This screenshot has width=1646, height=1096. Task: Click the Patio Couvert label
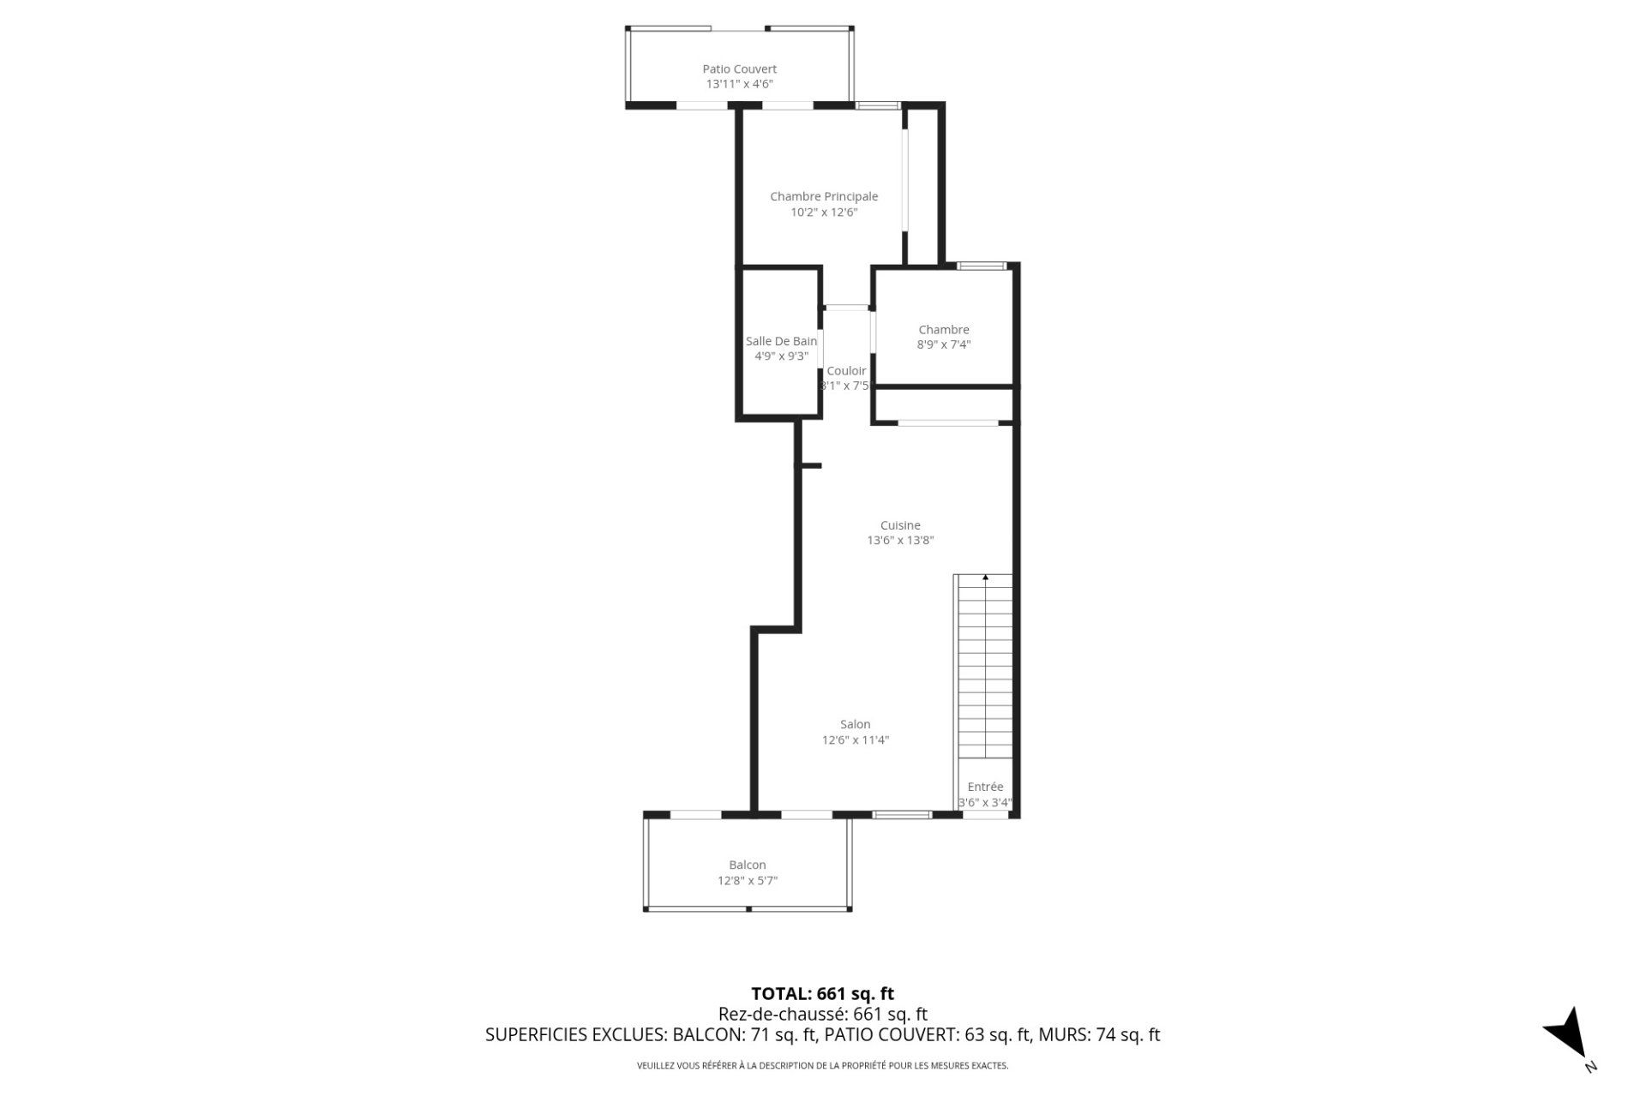[739, 69]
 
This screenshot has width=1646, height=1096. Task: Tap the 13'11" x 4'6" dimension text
[739, 84]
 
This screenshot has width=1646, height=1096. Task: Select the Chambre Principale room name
[824, 196]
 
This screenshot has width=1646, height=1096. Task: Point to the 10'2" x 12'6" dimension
[824, 212]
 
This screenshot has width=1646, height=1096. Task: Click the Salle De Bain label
[781, 341]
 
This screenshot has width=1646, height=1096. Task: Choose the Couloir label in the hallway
[846, 371]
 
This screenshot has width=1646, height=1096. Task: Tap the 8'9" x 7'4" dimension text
[944, 344]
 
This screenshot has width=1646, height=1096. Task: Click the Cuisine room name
[900, 525]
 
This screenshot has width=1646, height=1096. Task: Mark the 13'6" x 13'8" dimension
[900, 541]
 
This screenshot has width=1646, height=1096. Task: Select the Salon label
[855, 724]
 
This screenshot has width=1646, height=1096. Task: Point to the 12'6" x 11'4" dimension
[855, 740]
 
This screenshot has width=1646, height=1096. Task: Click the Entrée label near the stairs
[985, 787]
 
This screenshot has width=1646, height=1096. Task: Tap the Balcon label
[748, 865]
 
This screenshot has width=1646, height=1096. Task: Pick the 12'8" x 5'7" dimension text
[748, 880]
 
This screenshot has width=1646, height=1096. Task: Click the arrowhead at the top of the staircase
[985, 578]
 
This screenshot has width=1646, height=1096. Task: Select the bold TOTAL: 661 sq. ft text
[822, 993]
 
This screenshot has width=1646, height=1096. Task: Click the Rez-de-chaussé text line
[822, 1015]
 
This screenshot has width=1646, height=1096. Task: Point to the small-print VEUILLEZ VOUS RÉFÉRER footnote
[822, 1066]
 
